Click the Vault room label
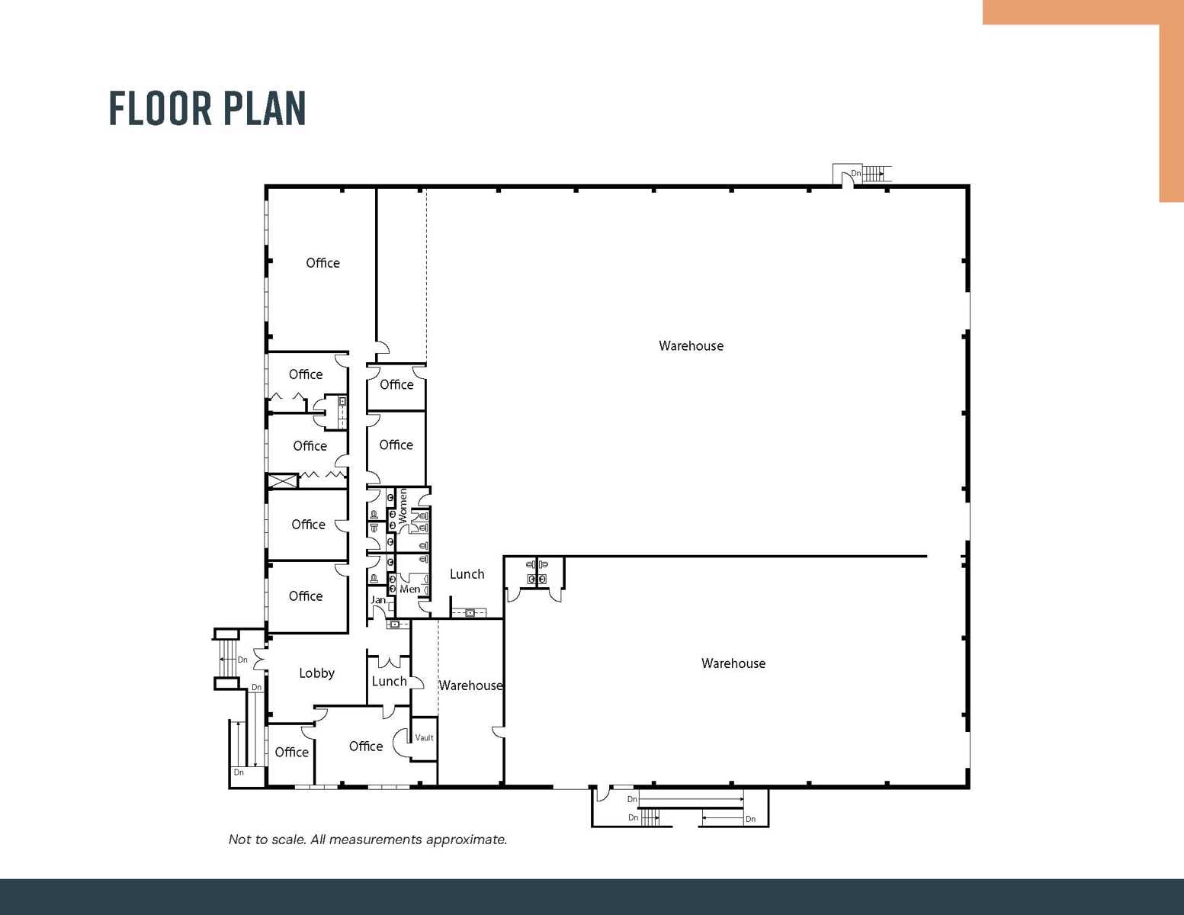click(424, 737)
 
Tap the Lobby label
click(316, 673)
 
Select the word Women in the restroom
click(403, 506)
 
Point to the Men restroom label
click(409, 589)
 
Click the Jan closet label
click(378, 599)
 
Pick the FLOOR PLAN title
click(207, 108)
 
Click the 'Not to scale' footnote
click(367, 840)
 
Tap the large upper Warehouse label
click(691, 345)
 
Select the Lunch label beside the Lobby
click(389, 681)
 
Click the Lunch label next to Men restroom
click(467, 574)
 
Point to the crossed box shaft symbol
click(282, 480)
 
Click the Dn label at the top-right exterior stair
click(856, 173)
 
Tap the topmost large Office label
click(322, 263)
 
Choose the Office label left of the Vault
click(366, 746)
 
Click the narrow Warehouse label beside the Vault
click(470, 685)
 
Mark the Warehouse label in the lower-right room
click(733, 663)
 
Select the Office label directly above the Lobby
click(306, 596)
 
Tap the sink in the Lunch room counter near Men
click(470, 613)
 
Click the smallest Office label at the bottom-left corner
click(291, 752)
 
